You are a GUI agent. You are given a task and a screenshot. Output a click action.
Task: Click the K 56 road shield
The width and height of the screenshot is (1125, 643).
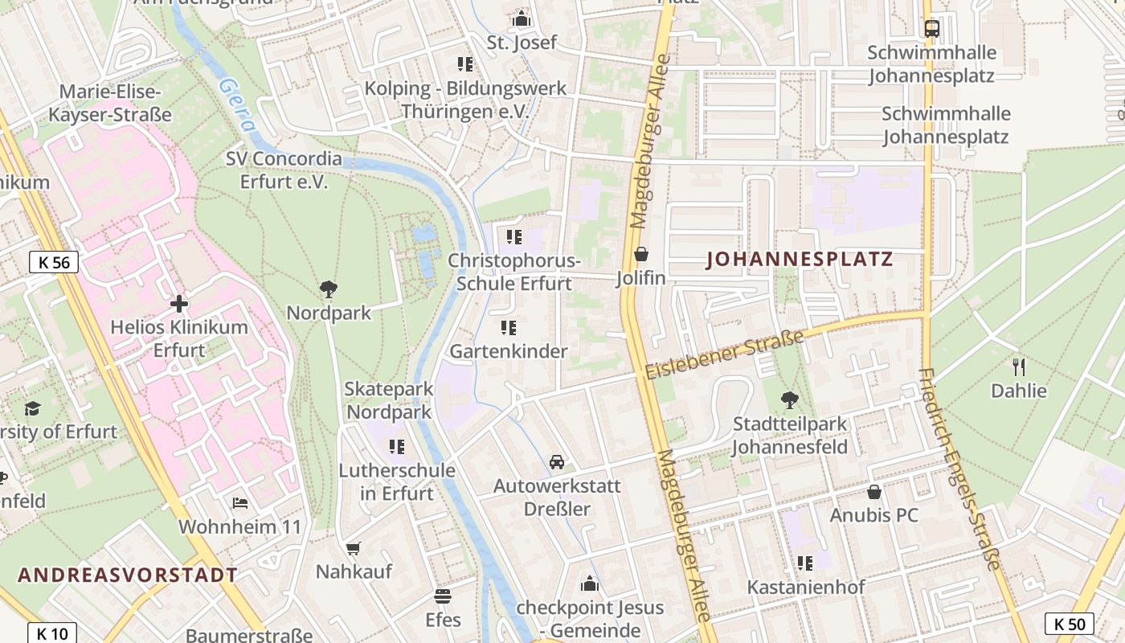pos(54,262)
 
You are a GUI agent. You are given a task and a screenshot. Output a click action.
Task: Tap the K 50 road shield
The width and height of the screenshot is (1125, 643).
pos(1070,624)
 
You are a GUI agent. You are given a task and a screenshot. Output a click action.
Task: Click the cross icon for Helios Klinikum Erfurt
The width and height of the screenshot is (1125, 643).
pos(179,304)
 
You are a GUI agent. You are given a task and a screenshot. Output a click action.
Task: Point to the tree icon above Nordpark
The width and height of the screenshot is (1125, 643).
pos(328,289)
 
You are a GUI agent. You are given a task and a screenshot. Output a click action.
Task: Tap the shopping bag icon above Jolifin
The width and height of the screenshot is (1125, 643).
pos(640,255)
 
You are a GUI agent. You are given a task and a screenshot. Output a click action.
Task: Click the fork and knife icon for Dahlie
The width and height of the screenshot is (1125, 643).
pos(1019,367)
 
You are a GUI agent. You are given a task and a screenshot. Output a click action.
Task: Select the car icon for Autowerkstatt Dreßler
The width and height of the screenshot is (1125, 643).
pos(556,462)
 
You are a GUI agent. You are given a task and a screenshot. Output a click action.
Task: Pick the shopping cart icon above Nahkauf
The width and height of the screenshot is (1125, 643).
pos(354,548)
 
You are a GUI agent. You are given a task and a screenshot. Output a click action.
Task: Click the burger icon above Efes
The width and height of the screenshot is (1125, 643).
pos(443,596)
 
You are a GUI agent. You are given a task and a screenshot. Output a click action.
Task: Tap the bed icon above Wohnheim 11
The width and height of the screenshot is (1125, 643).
pos(240,503)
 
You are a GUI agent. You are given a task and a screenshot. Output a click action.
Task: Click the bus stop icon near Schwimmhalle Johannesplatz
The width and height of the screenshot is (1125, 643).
pos(931,29)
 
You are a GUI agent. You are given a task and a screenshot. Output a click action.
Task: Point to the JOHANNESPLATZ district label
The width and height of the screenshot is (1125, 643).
pos(800,260)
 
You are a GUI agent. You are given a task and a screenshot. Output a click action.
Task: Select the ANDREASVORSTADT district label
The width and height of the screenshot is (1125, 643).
pos(128,575)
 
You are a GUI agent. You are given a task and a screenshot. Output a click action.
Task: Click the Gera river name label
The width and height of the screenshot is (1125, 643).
pos(238,104)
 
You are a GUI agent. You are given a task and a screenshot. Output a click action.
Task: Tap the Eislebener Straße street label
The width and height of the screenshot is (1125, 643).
pos(724,354)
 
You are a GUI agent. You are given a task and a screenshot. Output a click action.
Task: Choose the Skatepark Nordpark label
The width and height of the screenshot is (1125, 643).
pos(389,400)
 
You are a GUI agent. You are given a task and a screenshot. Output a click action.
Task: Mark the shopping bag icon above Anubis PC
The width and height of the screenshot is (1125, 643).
pos(874,491)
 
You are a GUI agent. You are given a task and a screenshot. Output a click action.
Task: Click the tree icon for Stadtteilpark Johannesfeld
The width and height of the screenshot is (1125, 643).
pos(790,399)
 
